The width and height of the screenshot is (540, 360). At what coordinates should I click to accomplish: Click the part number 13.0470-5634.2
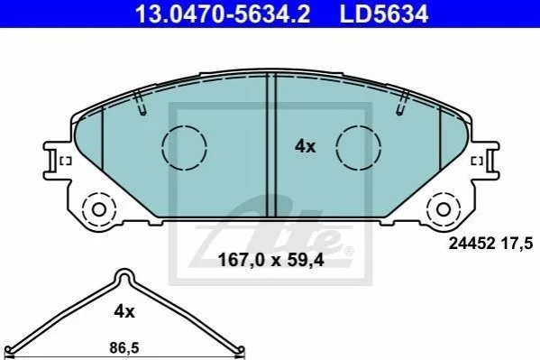[223, 14]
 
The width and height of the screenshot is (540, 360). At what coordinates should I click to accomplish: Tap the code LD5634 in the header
[384, 14]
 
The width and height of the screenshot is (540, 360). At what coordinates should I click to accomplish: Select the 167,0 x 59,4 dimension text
[271, 260]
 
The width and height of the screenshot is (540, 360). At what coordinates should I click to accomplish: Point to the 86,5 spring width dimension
[124, 348]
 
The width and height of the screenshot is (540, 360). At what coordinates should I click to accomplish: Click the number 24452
[471, 244]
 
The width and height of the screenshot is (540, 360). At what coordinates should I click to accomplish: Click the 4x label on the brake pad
[305, 146]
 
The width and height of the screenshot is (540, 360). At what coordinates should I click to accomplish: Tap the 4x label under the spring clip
[124, 311]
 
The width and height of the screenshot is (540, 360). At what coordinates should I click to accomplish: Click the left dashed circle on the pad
[184, 148]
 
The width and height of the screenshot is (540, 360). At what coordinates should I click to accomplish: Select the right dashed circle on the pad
[359, 148]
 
